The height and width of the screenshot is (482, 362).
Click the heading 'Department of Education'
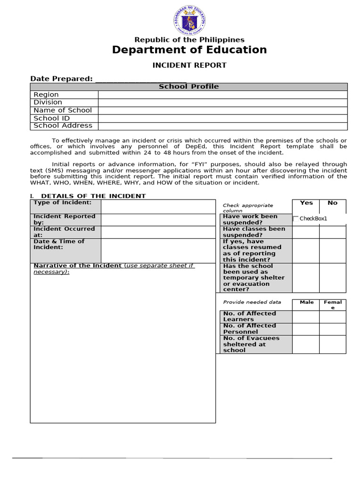pyautogui.click(x=189, y=50)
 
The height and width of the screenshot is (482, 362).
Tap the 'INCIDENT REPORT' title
pyautogui.click(x=189, y=65)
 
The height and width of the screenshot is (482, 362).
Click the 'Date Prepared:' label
pyautogui.click(x=61, y=79)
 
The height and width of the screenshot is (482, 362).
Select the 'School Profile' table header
pyautogui.click(x=189, y=87)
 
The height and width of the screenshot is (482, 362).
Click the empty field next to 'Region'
pyautogui.click(x=222, y=95)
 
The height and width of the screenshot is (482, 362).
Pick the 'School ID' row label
pyautogui.click(x=52, y=118)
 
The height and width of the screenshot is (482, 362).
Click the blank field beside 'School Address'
pyautogui.click(x=222, y=126)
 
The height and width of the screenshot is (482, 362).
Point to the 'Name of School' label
pyautogui.click(x=63, y=110)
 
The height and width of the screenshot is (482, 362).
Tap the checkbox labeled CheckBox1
pyautogui.click(x=296, y=218)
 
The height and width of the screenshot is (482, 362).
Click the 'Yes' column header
pyautogui.click(x=306, y=203)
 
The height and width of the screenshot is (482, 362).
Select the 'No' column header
pyautogui.click(x=332, y=203)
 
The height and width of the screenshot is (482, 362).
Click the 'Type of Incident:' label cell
pyautogui.click(x=66, y=206)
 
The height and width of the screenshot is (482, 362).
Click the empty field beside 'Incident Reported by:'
pyautogui.click(x=158, y=220)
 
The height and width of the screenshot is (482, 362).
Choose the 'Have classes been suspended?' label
pyautogui.click(x=254, y=232)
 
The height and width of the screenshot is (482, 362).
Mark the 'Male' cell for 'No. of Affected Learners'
pyautogui.click(x=306, y=316)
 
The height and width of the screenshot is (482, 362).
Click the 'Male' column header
pyautogui.click(x=306, y=302)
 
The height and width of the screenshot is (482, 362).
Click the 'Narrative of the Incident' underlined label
pyautogui.click(x=77, y=265)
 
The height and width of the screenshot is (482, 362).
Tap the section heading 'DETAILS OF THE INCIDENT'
pyautogui.click(x=93, y=196)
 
